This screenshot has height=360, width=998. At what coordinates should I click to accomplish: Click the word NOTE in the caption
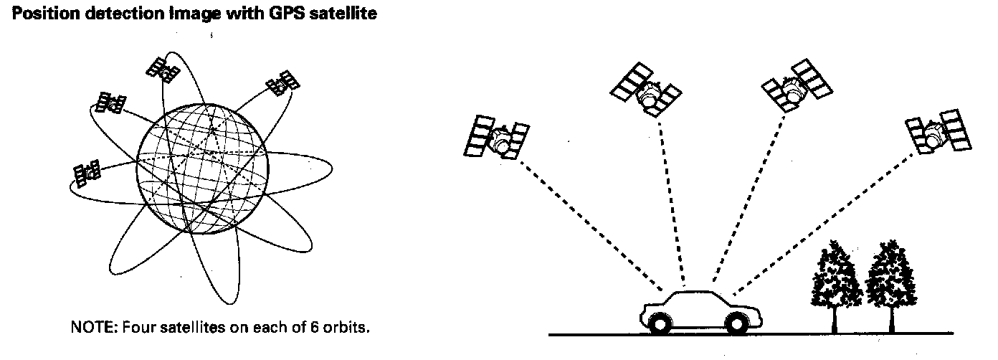(87, 328)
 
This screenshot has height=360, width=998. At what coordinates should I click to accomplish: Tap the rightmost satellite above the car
(938, 134)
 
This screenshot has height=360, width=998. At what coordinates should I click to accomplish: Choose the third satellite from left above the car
(797, 87)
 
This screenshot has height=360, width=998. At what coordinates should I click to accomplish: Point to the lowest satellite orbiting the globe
(87, 173)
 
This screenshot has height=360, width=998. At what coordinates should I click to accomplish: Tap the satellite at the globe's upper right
(282, 83)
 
